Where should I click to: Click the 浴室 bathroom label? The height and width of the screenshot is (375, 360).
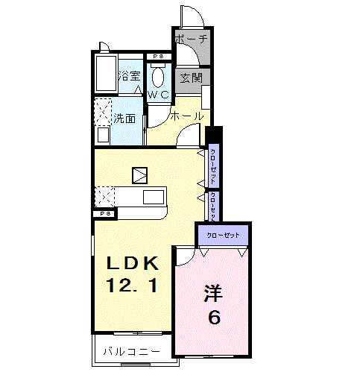(x=130, y=75)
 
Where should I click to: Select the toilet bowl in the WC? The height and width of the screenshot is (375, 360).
(x=159, y=75)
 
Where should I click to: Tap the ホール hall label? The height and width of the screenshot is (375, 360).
(x=186, y=116)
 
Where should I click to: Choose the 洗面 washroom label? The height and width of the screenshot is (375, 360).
(x=124, y=118)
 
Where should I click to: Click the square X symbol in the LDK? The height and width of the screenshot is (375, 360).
(x=140, y=175)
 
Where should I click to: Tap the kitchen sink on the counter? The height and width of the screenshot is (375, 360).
(x=154, y=198)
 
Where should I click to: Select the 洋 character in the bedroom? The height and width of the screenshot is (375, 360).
(x=213, y=293)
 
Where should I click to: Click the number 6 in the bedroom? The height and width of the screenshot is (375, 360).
(x=214, y=318)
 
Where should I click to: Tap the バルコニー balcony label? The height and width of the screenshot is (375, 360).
(x=131, y=351)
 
